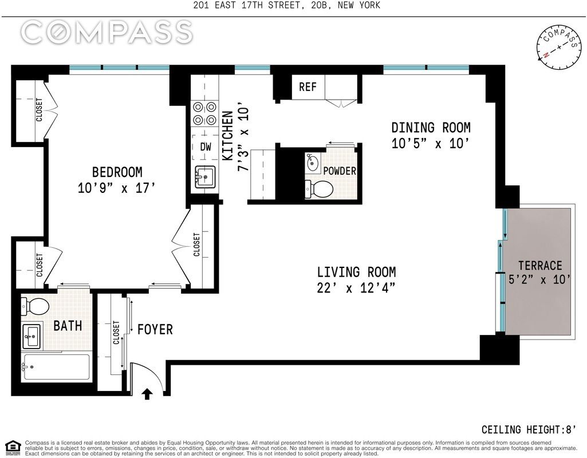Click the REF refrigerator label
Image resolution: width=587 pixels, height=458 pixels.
[x=308, y=87]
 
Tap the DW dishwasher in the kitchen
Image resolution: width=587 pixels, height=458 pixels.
[x=205, y=147]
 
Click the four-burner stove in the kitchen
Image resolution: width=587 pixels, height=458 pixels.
[x=205, y=113]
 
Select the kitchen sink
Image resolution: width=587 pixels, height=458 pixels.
[x=205, y=176]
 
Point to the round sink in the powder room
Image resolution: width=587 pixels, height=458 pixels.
[x=312, y=163]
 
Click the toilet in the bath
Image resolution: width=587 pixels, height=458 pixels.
[x=35, y=306]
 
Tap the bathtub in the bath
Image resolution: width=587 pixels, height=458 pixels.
[x=56, y=367]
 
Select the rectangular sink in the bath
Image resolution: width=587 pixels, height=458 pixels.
[x=32, y=335]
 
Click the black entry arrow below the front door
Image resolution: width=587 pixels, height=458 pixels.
[x=147, y=394]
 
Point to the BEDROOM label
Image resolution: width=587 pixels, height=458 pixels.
[x=117, y=172]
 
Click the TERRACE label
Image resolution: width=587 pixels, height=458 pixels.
[x=540, y=266]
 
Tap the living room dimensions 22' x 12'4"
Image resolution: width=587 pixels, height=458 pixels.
[x=356, y=288]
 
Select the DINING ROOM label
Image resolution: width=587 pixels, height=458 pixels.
[x=431, y=128]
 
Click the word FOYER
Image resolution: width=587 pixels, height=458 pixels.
[x=155, y=330]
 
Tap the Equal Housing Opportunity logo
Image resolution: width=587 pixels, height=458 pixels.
[x=14, y=447]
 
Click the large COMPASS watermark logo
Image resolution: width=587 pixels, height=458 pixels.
[x=107, y=31]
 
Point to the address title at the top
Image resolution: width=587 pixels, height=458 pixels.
[x=287, y=5]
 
